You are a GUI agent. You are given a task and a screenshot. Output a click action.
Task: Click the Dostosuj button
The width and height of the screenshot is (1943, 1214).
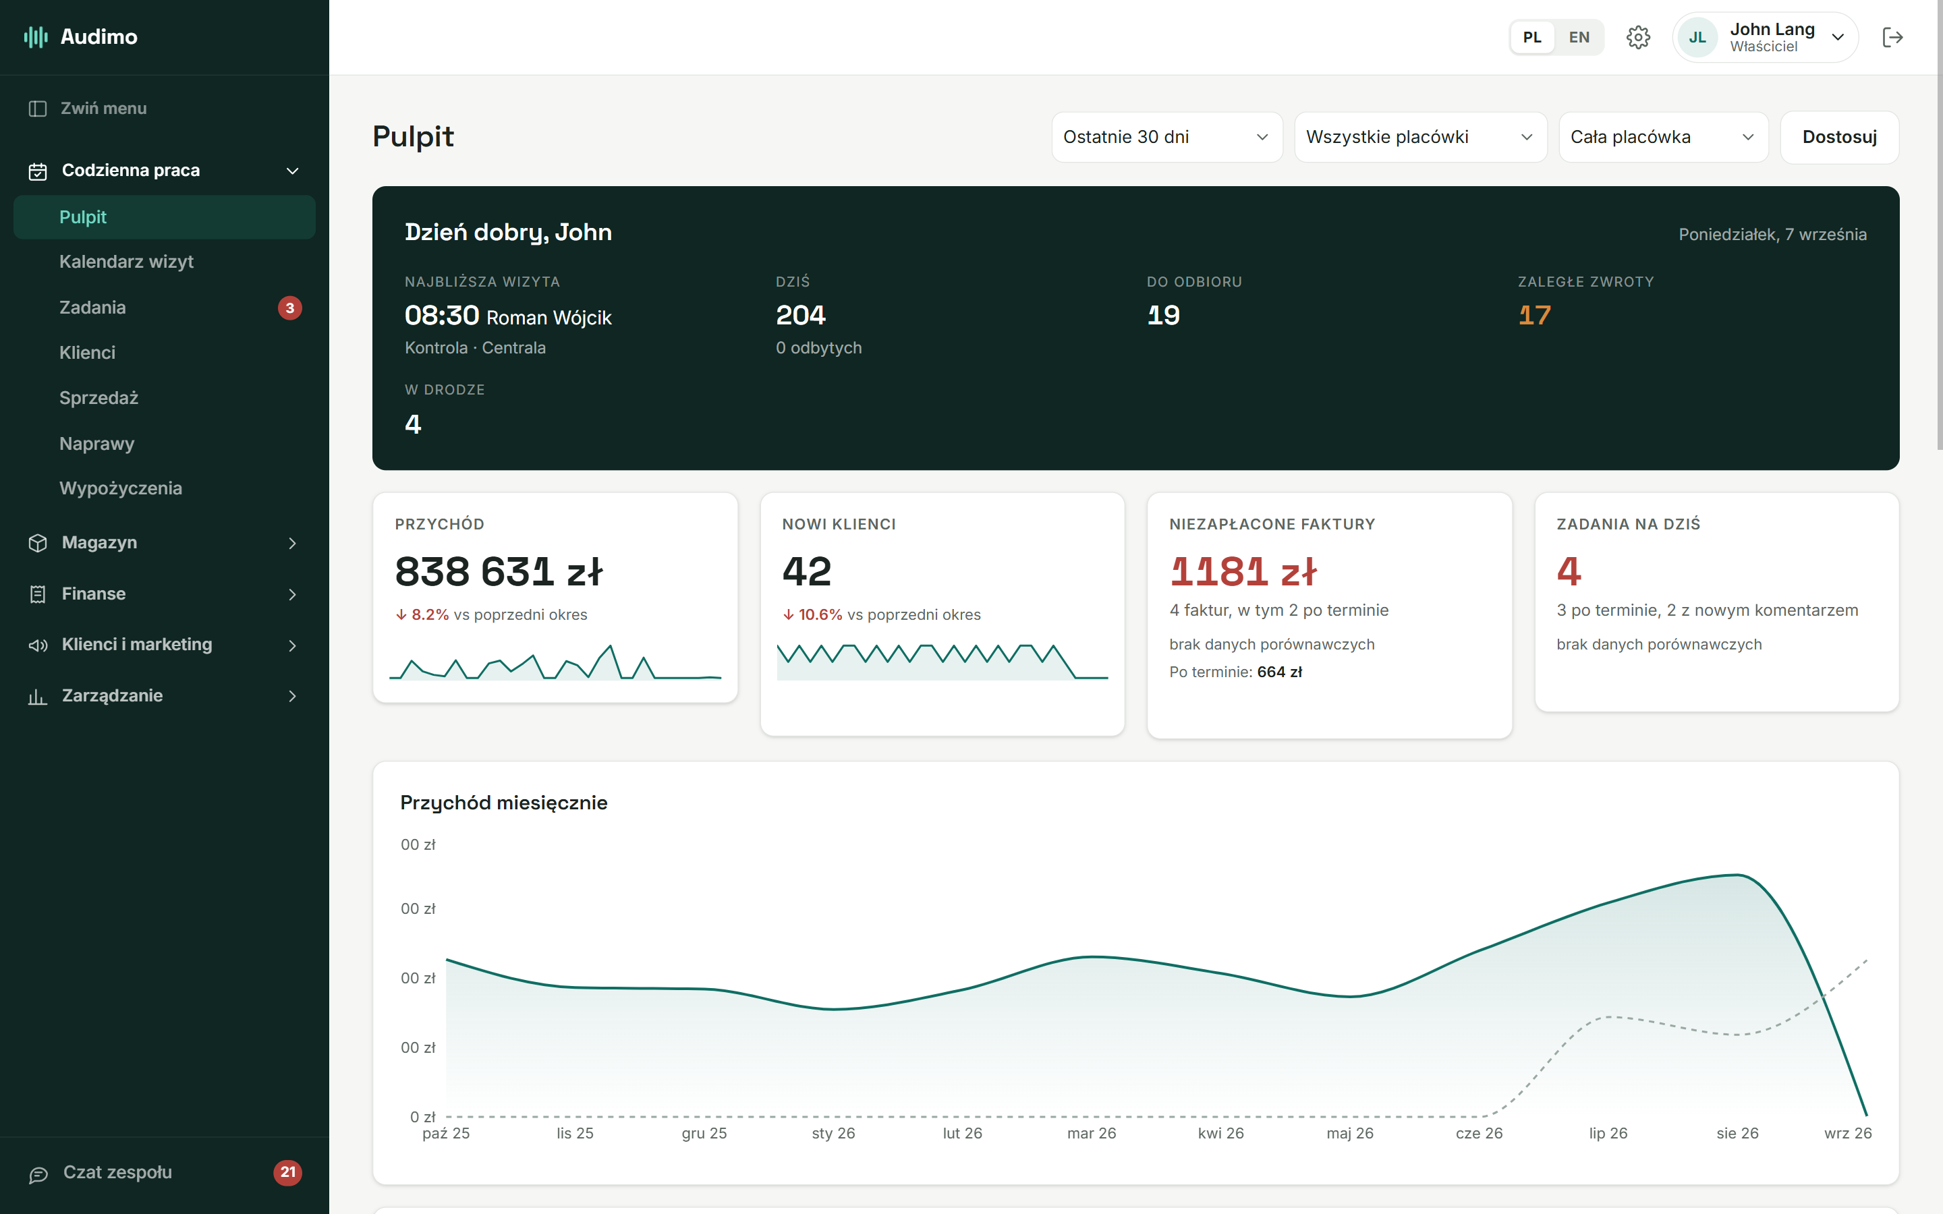click(1838, 138)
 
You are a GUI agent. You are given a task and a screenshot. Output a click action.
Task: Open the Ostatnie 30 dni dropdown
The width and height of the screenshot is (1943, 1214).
click(1166, 138)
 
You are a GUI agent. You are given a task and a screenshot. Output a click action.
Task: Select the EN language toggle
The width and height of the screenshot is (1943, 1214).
click(1579, 37)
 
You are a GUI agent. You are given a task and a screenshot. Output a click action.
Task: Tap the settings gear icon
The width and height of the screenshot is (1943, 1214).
click(1638, 37)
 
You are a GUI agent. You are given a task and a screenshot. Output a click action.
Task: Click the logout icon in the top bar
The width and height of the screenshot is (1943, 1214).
click(1892, 37)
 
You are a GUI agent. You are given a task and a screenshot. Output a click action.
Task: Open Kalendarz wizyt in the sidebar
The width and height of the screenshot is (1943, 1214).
click(126, 262)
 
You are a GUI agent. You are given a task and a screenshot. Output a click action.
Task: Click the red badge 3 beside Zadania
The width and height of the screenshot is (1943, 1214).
click(290, 308)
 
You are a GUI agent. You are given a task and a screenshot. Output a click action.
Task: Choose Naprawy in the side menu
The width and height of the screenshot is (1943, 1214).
click(96, 443)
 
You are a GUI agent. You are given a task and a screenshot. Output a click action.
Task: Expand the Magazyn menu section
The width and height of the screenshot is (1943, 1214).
click(164, 543)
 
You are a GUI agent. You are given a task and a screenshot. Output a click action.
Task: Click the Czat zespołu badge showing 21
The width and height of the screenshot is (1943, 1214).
click(287, 1172)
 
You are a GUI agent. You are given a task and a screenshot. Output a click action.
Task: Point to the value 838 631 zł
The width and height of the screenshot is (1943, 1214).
click(499, 572)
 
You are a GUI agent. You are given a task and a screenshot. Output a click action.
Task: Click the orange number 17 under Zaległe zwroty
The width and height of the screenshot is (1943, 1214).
click(1534, 315)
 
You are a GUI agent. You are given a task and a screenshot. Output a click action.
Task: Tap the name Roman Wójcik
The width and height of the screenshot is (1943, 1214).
click(549, 318)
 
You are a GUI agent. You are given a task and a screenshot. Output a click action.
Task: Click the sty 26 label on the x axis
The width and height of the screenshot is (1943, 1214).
click(833, 1133)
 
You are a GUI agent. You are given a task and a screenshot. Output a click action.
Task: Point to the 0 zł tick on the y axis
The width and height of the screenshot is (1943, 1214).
click(422, 1116)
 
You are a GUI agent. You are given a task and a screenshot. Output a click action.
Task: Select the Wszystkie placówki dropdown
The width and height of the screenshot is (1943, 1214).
click(1420, 138)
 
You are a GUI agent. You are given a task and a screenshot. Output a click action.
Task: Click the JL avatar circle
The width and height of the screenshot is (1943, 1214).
click(1697, 37)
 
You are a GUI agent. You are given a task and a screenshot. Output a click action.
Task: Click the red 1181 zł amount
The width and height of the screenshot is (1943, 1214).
click(1243, 572)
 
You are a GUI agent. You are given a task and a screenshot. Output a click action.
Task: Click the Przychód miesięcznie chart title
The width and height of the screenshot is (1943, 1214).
click(503, 803)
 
